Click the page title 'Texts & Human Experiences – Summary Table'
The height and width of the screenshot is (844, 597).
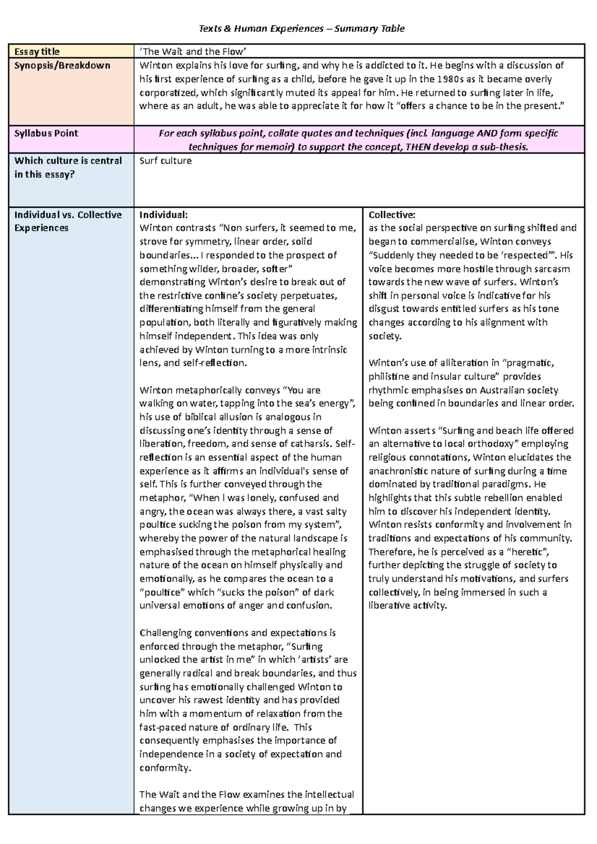301,29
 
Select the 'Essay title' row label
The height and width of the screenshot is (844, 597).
37,52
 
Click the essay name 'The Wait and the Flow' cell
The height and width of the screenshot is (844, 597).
194,52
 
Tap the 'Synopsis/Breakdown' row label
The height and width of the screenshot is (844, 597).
62,66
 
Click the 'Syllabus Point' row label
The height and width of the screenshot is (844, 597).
46,133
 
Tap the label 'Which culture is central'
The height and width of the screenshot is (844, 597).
68,161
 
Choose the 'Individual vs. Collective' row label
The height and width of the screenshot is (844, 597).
68,215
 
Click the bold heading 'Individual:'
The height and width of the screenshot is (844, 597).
164,215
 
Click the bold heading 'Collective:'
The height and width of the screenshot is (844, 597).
392,215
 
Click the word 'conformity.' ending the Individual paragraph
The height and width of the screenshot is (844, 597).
165,768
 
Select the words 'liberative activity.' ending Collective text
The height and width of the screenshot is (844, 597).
408,606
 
